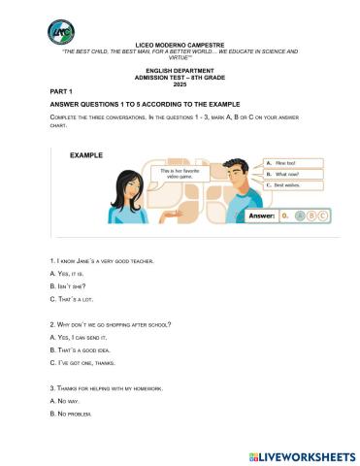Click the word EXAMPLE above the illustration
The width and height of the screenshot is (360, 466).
[88, 154]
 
